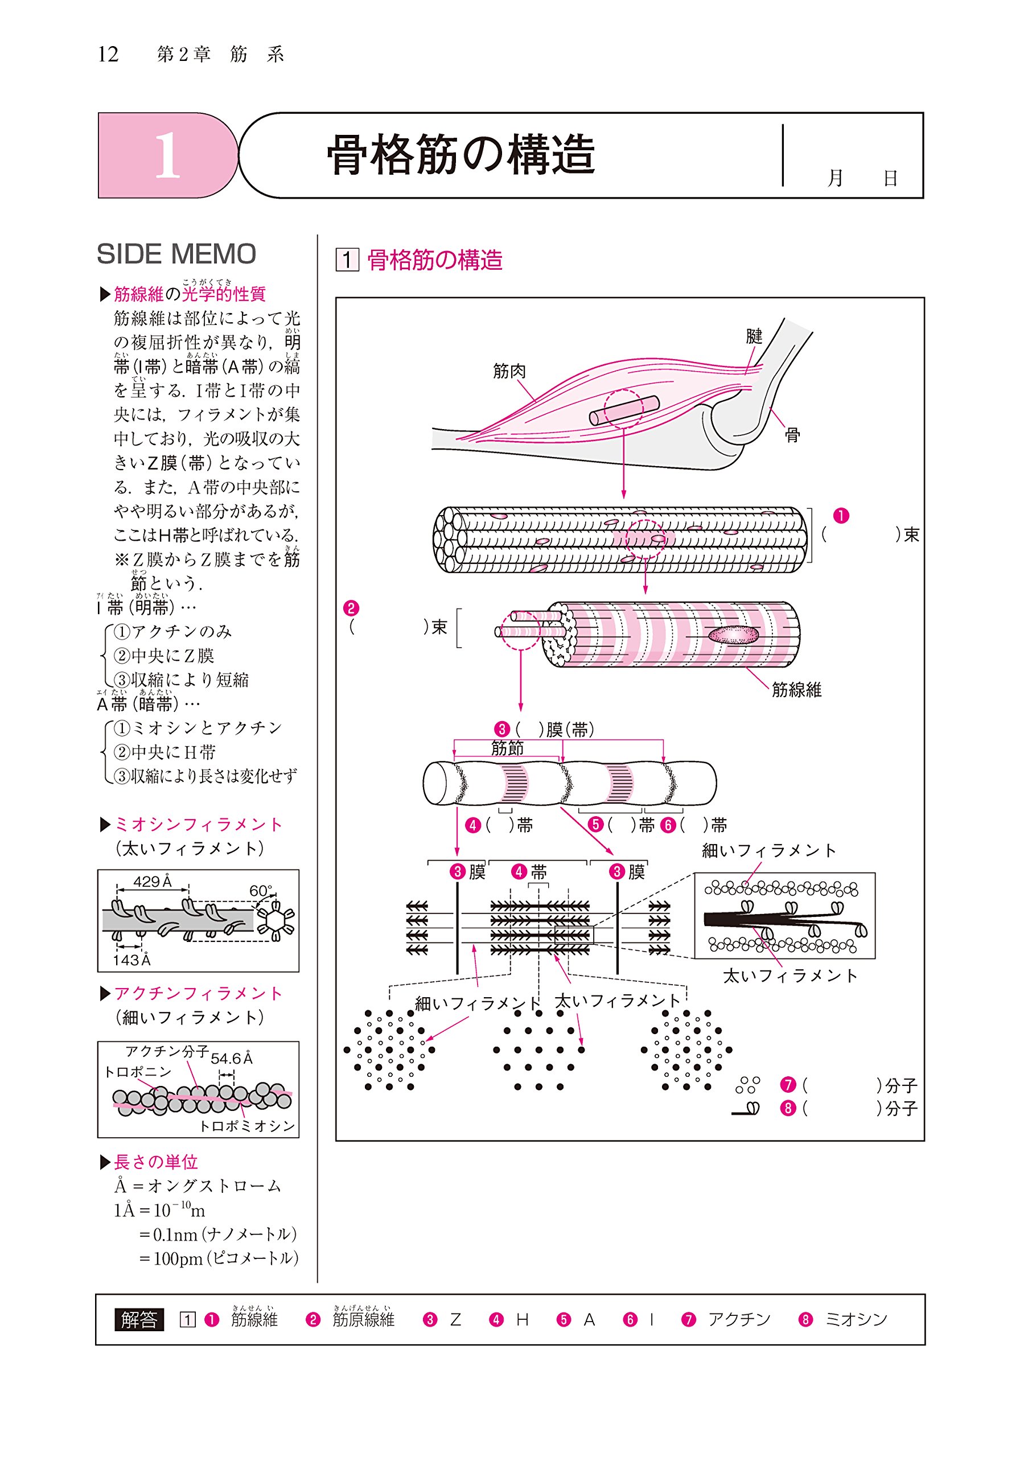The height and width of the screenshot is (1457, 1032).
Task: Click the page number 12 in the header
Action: (x=108, y=55)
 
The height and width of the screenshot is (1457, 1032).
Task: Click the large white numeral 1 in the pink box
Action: (x=167, y=156)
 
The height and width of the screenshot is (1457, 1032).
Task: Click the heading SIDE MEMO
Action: (x=176, y=254)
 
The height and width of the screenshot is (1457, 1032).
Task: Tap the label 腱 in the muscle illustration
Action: (x=754, y=336)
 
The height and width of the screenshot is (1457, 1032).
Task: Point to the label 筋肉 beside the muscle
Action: (x=509, y=371)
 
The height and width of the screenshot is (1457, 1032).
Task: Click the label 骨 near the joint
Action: (x=792, y=435)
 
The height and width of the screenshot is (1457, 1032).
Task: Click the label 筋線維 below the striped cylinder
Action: (x=796, y=690)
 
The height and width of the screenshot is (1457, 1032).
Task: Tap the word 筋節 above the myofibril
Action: (x=507, y=748)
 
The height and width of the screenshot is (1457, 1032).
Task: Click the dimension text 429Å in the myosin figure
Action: (x=153, y=882)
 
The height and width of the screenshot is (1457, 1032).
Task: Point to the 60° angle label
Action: (x=261, y=891)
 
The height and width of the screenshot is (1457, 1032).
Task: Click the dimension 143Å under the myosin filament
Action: (x=131, y=960)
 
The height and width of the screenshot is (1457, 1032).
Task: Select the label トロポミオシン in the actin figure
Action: (x=247, y=1126)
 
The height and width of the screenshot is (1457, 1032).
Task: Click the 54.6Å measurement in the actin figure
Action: (x=231, y=1059)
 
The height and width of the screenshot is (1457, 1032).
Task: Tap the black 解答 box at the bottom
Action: (x=138, y=1320)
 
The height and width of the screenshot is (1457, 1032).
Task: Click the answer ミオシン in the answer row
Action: (x=856, y=1320)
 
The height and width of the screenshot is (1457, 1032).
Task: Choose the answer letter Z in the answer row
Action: (x=455, y=1320)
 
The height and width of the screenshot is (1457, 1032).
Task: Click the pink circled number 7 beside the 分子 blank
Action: (x=788, y=1085)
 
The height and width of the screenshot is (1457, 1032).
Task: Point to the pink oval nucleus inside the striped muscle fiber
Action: (x=733, y=635)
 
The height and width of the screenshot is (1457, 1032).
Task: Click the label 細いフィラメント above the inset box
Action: (x=768, y=851)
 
